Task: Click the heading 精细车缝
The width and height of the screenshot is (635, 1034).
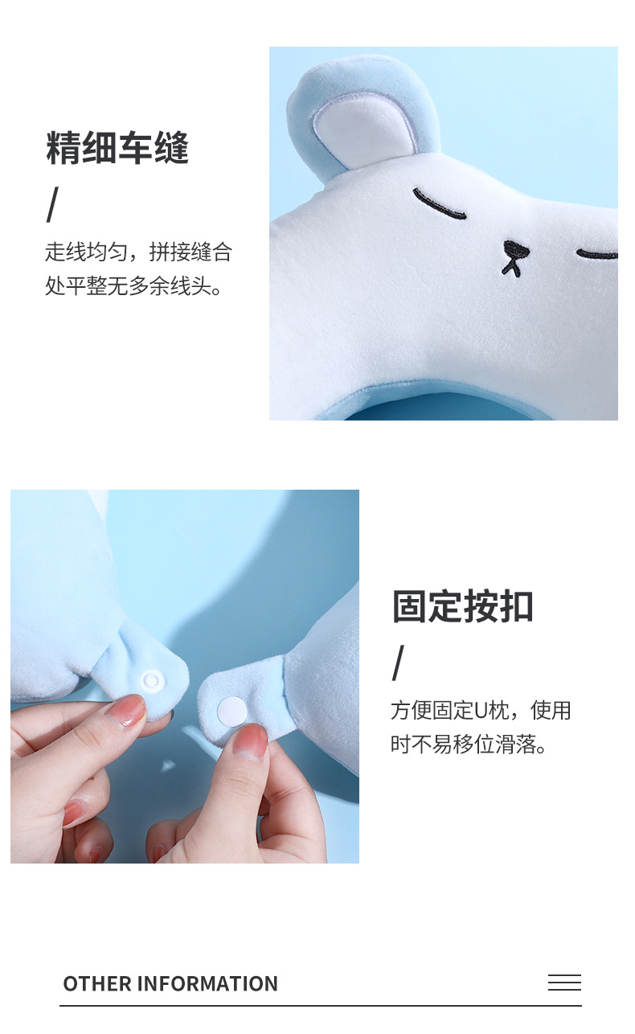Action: [117, 149]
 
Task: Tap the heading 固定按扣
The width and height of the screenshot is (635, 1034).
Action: [462, 606]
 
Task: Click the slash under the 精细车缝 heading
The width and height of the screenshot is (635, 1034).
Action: [52, 205]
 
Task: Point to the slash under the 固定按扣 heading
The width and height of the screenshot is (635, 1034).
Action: [398, 663]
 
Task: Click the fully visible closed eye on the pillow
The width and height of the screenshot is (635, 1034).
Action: [439, 206]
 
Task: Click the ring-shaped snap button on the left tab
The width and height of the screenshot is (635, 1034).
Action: [152, 681]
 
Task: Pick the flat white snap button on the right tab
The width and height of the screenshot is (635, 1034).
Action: [233, 710]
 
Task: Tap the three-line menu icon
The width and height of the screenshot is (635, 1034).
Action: [564, 983]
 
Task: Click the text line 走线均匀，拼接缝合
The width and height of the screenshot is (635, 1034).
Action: [138, 252]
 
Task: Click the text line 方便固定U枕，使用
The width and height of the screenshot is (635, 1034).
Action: [481, 711]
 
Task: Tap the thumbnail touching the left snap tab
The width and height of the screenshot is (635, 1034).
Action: [127, 711]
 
